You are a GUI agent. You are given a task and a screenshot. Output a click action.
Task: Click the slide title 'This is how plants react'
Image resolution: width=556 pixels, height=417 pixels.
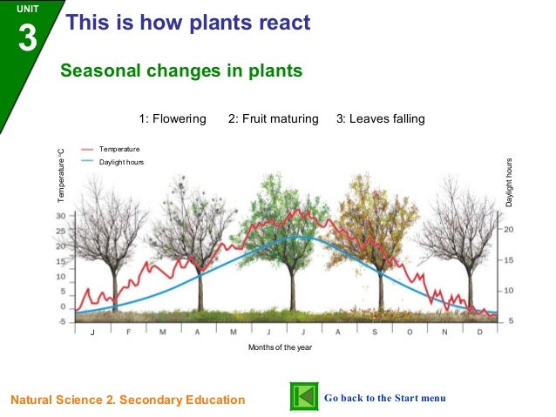click(x=188, y=24)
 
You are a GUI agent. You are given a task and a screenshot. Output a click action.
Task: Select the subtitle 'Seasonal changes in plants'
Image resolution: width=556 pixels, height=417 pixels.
click(x=181, y=71)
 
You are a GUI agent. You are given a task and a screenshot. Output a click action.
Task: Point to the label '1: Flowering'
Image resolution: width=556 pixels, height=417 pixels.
click(x=173, y=118)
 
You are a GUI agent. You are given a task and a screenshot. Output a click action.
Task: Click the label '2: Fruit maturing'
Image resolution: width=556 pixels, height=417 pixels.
click(x=273, y=118)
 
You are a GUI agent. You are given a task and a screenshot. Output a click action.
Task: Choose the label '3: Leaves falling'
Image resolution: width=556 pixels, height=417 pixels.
click(x=380, y=118)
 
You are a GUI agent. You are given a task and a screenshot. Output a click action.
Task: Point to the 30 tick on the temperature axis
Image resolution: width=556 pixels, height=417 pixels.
click(x=61, y=216)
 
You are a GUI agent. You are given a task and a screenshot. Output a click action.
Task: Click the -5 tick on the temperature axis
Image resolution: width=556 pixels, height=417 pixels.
click(x=61, y=322)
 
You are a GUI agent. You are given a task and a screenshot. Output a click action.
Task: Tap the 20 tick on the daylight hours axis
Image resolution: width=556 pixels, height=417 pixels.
click(x=510, y=229)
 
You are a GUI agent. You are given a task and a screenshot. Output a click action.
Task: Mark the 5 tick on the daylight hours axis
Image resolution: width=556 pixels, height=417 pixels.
click(x=512, y=320)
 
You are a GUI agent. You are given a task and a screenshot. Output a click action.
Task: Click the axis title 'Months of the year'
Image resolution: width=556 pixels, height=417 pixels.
click(x=280, y=347)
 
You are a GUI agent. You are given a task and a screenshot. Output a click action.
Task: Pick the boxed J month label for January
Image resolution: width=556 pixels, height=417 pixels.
click(x=92, y=333)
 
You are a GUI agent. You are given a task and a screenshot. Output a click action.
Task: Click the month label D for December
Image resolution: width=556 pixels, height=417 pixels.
click(x=479, y=333)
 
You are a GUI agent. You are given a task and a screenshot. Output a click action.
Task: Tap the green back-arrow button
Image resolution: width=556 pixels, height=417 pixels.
click(x=302, y=397)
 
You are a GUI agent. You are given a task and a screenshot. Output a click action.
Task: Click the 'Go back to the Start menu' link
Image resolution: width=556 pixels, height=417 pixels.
click(x=384, y=398)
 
